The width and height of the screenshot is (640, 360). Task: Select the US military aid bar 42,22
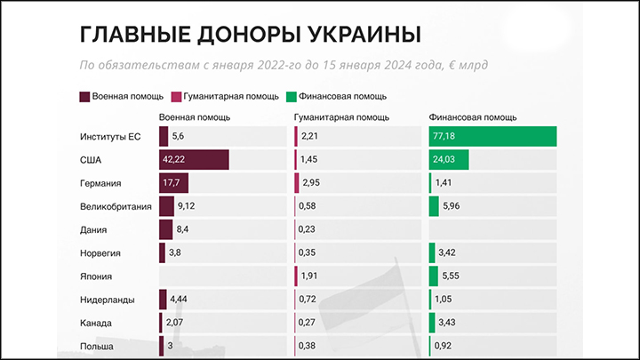coord(194,160)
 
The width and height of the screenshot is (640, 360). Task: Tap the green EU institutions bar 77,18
coord(492,136)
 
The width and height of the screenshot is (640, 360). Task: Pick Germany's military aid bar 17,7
coord(173,183)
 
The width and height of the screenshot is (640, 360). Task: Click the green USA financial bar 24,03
coord(449,160)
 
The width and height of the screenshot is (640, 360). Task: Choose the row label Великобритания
coord(116,206)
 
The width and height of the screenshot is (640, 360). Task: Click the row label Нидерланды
coord(107,299)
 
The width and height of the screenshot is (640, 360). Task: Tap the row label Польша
coord(97,345)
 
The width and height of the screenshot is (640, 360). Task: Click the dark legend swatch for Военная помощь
coord(84,96)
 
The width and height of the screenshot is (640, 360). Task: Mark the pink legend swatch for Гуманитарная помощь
coord(176,96)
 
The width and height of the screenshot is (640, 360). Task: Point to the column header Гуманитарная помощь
coord(340,116)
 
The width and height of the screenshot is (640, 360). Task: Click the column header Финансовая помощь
coord(473,116)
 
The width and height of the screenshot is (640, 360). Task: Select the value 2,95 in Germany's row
coord(311,183)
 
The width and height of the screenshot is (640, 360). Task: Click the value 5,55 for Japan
coord(451,276)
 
